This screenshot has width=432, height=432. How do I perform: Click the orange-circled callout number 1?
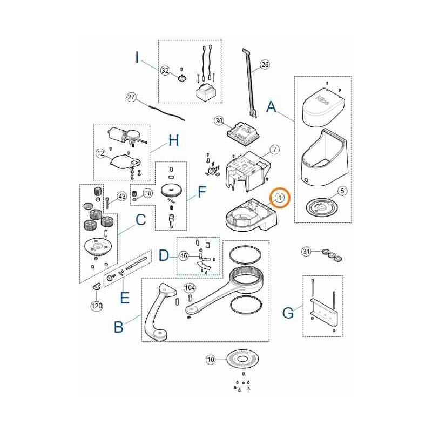[279, 199]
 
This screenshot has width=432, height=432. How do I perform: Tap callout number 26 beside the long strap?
[265, 65]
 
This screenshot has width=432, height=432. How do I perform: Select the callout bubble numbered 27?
[131, 97]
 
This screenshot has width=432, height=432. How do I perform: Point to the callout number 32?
[165, 70]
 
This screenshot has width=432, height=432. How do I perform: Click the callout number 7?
[274, 148]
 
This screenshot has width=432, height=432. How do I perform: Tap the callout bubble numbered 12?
[100, 153]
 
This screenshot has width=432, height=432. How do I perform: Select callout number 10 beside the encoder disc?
[211, 359]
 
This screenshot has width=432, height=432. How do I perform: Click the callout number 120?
[96, 306]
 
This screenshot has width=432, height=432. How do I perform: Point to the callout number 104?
[190, 287]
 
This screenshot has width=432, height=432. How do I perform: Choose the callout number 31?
[306, 251]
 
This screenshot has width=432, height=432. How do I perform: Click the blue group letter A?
[272, 107]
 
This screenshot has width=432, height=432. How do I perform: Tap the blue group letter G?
[288, 312]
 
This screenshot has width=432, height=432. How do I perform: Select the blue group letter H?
[173, 141]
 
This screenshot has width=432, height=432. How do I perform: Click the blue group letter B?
[118, 326]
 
